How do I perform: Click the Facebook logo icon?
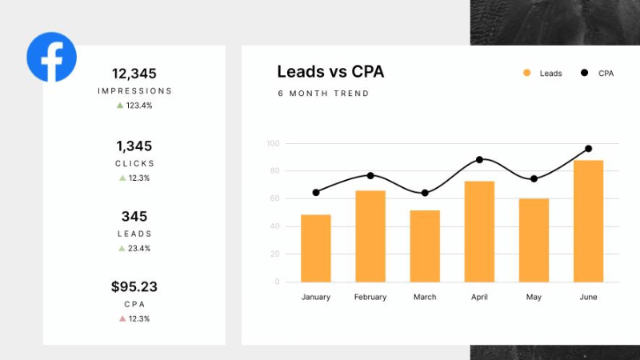pos(51,57)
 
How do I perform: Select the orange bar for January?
pos(316,248)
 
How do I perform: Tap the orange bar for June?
pos(588,221)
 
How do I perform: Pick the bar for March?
pos(425,246)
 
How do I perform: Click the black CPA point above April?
pos(479,160)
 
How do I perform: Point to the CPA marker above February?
pos(370,175)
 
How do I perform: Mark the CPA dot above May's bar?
pos(534,179)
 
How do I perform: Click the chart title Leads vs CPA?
pos(330,72)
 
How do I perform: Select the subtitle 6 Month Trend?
pos(323,94)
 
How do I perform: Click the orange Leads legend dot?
pos(526,73)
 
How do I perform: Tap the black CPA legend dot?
pos(584,73)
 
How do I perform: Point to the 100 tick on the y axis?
pos(273,144)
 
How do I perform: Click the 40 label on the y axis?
pos(274,226)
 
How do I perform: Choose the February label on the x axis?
pos(370,297)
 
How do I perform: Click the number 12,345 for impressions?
pos(134,74)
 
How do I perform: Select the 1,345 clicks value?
pos(134,146)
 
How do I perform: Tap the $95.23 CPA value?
pos(134,286)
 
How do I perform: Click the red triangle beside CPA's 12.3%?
pos(122,318)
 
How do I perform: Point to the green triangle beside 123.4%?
pos(120,105)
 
